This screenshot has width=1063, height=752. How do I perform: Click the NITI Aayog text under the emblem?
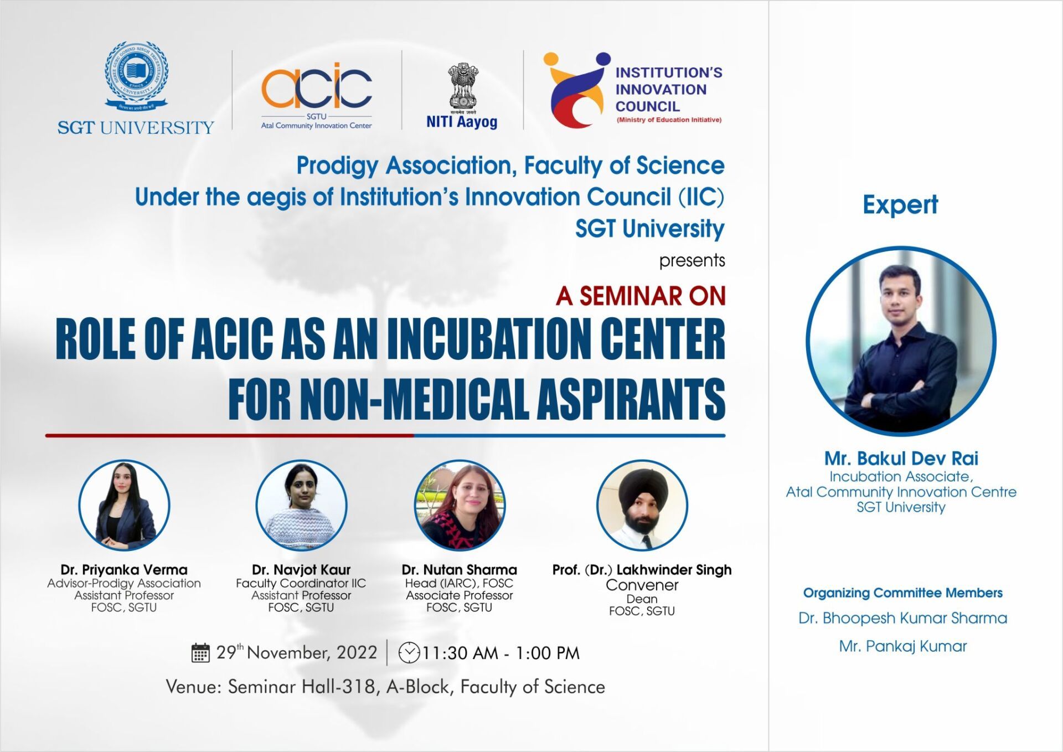click(462, 122)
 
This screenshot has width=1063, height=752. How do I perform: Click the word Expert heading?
click(900, 205)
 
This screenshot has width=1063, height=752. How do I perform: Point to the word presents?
click(692, 260)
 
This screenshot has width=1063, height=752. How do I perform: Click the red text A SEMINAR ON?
click(641, 296)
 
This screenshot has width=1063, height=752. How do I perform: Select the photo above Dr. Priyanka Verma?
click(124, 506)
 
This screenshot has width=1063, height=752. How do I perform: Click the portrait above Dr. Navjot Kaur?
click(301, 506)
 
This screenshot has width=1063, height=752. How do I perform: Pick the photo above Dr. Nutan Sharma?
click(460, 506)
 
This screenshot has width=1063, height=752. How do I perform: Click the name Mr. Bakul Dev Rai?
click(901, 459)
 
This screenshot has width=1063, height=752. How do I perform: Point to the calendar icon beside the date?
click(200, 653)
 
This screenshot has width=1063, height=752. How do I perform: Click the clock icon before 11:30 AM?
click(409, 652)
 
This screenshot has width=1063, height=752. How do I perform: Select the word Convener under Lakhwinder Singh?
click(642, 585)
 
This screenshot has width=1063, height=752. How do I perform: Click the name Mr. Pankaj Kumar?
click(903, 646)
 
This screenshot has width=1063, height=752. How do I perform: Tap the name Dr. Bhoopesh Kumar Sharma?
click(903, 618)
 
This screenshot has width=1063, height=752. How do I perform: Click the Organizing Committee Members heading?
click(903, 593)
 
